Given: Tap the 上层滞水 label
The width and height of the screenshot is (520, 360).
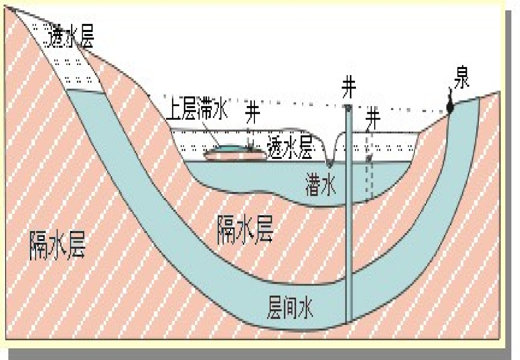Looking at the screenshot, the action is coord(198,111).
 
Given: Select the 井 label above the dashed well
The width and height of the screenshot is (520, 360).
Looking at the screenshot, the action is coord(373,118).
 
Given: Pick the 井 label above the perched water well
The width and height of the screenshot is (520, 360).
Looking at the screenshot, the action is coord(252,113).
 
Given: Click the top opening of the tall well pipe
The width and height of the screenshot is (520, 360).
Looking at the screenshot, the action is coord(348,108).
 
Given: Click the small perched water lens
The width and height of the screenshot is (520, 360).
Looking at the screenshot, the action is coord(229,148).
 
